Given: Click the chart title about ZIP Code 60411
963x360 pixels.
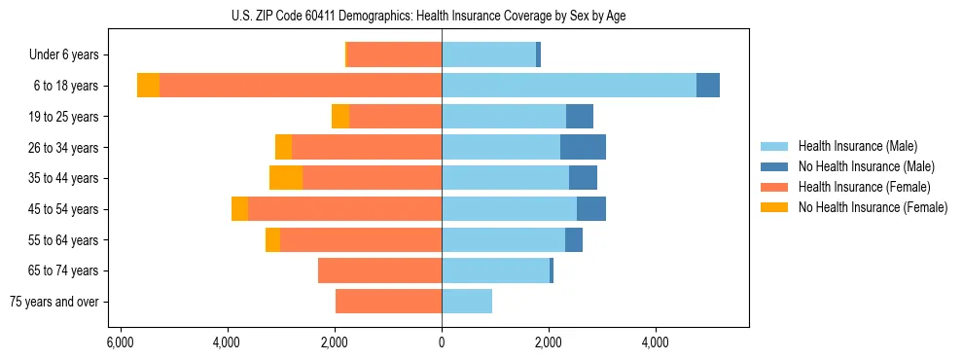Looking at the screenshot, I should (x=441, y=14).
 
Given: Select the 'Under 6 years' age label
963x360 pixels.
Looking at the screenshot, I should (x=70, y=55).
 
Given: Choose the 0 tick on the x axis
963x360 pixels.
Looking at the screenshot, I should (x=442, y=342).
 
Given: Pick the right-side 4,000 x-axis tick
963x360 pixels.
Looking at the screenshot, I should (x=655, y=342).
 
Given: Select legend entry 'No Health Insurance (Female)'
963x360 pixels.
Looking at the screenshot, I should (x=873, y=207).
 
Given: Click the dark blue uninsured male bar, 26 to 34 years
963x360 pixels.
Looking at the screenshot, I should (x=583, y=147).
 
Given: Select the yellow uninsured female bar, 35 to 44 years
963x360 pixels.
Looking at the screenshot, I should (x=286, y=178).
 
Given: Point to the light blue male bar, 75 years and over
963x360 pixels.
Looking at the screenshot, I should (x=467, y=302).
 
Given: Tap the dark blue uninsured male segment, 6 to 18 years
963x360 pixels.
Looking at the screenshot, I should (x=708, y=86).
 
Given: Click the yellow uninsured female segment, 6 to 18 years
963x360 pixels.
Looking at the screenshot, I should (x=148, y=86).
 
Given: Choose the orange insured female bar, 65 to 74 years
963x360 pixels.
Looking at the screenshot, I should (x=379, y=270).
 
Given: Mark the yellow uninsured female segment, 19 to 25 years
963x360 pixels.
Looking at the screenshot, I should (x=340, y=117).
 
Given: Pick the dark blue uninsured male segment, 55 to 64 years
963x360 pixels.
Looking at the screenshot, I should (x=574, y=239).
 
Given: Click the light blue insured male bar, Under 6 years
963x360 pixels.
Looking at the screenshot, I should (x=488, y=54).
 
